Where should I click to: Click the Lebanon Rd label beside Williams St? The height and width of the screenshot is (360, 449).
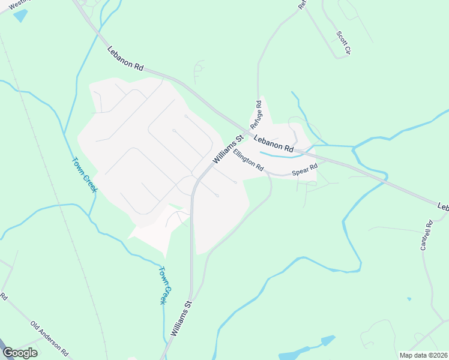pos(273,143)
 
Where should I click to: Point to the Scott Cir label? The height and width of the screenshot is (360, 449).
pos(343,43)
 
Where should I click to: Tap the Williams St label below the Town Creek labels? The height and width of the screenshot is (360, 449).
pos(180,318)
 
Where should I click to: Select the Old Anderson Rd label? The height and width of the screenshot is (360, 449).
pos(50,338)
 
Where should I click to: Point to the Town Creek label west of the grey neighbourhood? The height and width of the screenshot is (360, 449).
pos(85,175)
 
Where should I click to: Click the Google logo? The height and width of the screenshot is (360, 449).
pos(20,353)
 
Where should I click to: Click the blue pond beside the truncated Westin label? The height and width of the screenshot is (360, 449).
pos(20,16)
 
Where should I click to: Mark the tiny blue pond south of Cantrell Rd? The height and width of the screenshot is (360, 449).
pos(409,298)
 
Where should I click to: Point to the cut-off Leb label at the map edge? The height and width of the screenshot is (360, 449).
pos(443,206)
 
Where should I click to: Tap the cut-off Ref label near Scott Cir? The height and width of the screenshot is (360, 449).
pos(302,4)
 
